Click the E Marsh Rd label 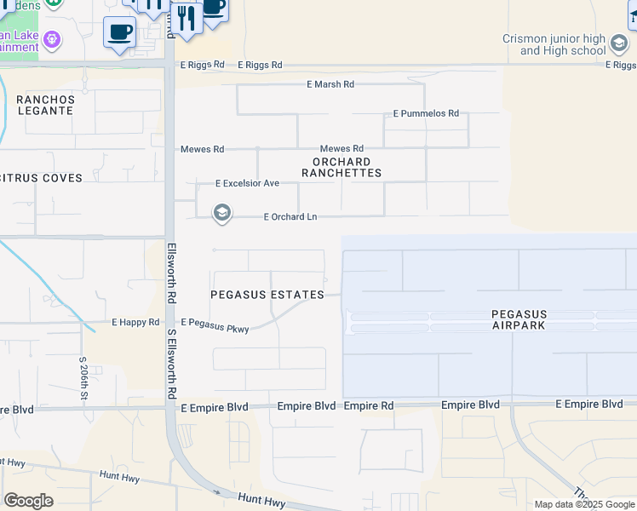pyautogui.click(x=330, y=84)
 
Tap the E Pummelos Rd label pyautogui.click(x=426, y=113)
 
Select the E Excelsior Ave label pyautogui.click(x=247, y=183)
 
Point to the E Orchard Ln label pyautogui.click(x=290, y=217)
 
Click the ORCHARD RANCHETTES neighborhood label pyautogui.click(x=341, y=167)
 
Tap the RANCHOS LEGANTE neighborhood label pyautogui.click(x=45, y=106)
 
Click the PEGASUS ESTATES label pyautogui.click(x=267, y=295)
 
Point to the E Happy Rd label pyautogui.click(x=135, y=323)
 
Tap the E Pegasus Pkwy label pyautogui.click(x=215, y=324)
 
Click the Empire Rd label pyautogui.click(x=369, y=406)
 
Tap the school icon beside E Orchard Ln pyautogui.click(x=222, y=213)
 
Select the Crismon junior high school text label pyautogui.click(x=565, y=45)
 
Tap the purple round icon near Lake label pyautogui.click(x=52, y=39)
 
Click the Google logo pyautogui.click(x=28, y=501)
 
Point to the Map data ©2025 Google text pyautogui.click(x=584, y=504)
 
